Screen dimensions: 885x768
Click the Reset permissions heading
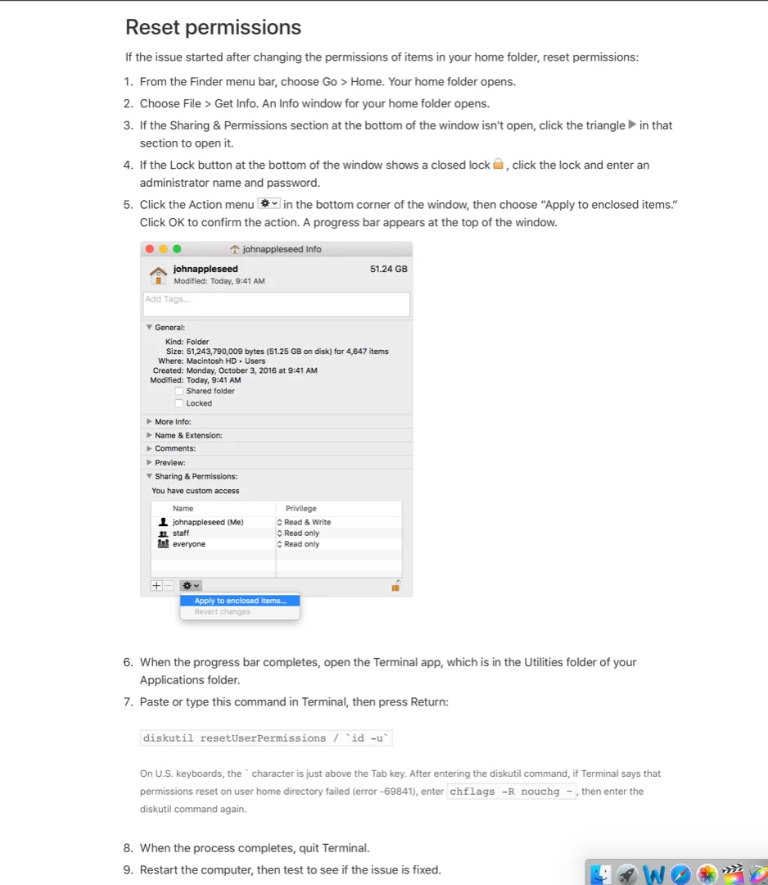(213, 28)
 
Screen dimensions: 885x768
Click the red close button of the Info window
(149, 249)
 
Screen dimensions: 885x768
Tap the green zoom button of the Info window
(177, 249)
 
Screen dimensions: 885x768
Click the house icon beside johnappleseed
(159, 274)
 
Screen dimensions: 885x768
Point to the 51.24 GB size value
(388, 269)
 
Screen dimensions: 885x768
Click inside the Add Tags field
(276, 304)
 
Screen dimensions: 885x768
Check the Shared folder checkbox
(179, 391)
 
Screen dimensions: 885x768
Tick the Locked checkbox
(179, 403)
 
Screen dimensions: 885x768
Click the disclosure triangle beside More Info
(149, 422)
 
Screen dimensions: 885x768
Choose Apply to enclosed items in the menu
(240, 601)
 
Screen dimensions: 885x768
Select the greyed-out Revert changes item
(223, 612)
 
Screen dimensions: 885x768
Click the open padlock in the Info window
(395, 586)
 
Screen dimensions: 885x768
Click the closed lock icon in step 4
(498, 165)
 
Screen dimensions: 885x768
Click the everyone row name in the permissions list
(188, 544)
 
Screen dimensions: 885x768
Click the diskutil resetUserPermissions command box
(266, 738)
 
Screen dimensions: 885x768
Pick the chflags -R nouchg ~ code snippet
(513, 792)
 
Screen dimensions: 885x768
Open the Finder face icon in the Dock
(602, 874)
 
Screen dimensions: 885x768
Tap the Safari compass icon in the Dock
(680, 874)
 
